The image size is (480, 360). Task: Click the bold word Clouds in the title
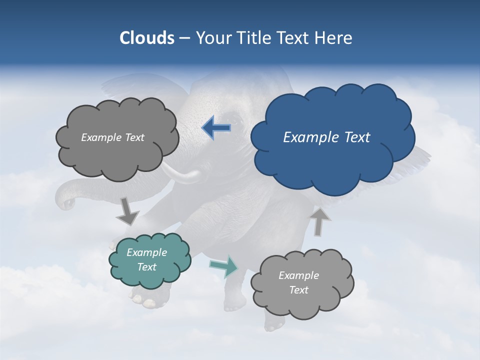point(146,38)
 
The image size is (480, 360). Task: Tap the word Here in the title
point(334,38)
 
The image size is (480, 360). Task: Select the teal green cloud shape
point(149,260)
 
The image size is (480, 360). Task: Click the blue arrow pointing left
point(216,127)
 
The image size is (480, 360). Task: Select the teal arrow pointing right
point(224,266)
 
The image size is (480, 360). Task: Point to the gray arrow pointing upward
point(320,221)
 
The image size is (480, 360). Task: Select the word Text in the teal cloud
point(147,267)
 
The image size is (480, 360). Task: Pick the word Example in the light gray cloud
point(298,275)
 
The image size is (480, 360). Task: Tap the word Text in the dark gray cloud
point(134,137)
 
